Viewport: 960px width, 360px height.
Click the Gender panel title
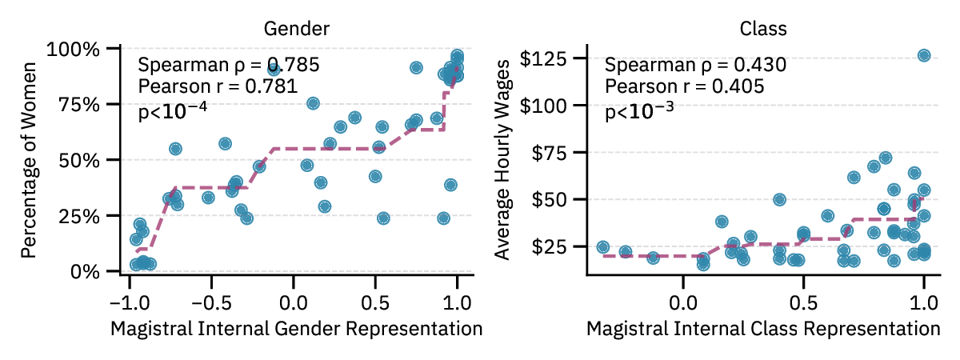pos(297,29)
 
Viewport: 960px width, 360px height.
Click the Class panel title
pos(763,29)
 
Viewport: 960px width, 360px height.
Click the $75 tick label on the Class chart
pos(549,152)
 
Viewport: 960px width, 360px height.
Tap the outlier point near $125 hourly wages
pos(924,55)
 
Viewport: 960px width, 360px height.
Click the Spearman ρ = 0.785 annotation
pos(229,65)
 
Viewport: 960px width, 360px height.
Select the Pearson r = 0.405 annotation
pos(684,86)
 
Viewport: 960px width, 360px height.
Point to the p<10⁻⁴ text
pos(173,110)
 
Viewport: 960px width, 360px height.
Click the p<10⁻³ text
pos(639,110)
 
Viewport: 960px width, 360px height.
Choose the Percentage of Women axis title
pos(29,160)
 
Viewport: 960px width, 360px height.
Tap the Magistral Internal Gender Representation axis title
pos(296,329)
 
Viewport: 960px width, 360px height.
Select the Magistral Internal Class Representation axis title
pos(763,329)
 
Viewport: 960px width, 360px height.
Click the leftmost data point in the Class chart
pos(603,247)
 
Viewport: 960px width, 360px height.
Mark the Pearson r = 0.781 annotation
pos(218,86)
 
